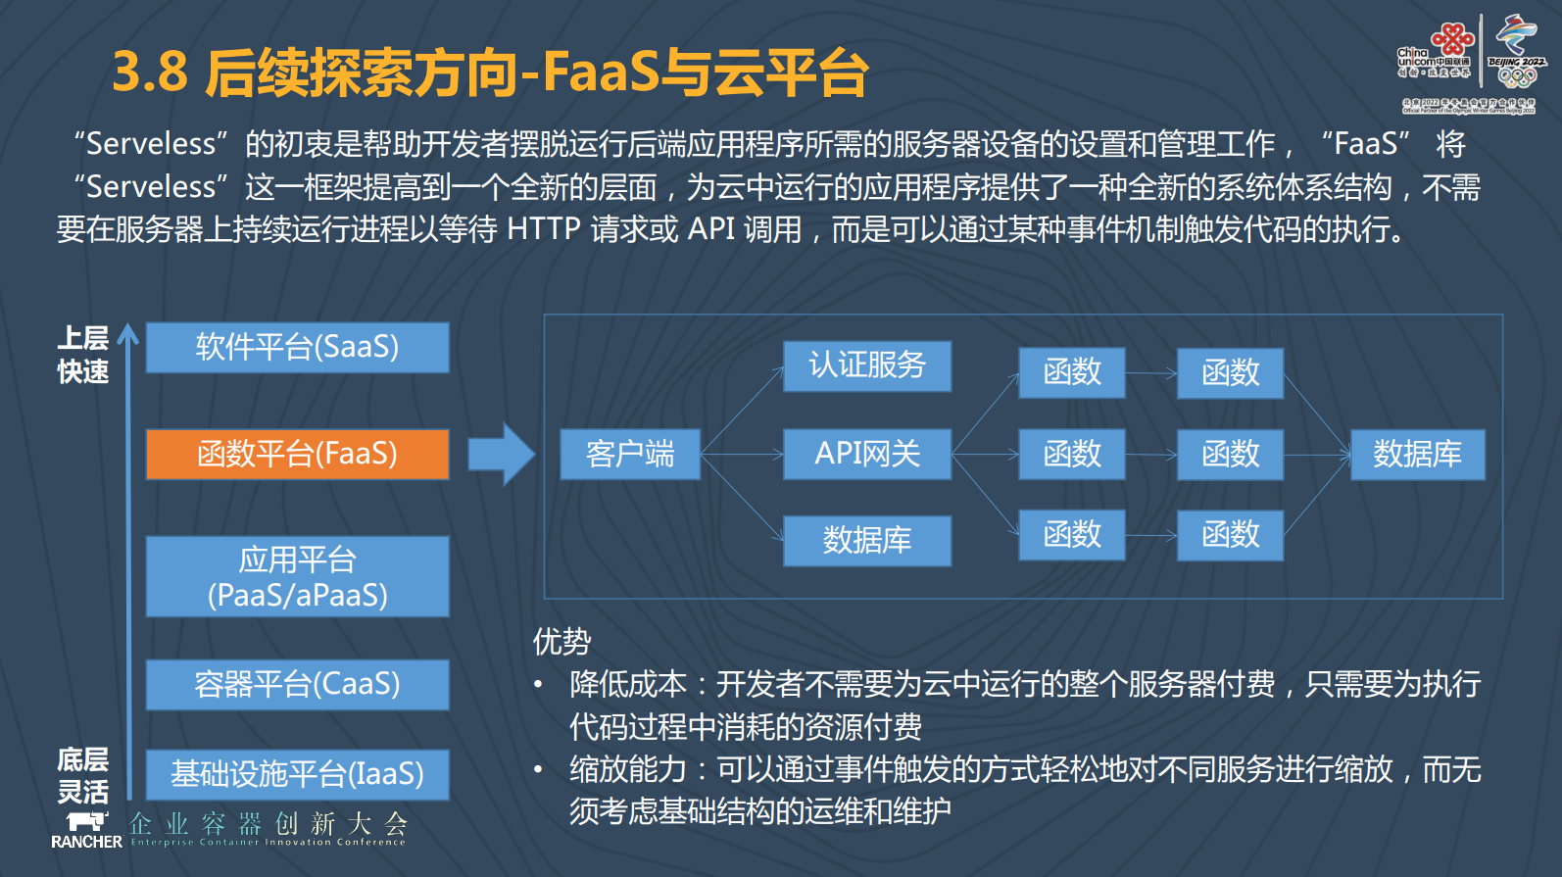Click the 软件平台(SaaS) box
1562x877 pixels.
point(297,347)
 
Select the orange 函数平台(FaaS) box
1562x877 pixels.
point(297,454)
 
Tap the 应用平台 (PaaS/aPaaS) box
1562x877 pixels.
point(297,576)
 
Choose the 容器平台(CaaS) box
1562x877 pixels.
point(297,684)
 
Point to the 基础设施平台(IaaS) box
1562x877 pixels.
point(297,774)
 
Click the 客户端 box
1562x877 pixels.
point(630,454)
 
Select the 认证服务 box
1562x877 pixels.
point(867,365)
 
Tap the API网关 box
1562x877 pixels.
point(867,454)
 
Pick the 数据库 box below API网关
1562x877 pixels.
point(867,540)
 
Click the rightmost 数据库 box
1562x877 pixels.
point(1417,454)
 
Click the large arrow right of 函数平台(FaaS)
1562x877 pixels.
point(501,454)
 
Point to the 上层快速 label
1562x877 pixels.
point(83,355)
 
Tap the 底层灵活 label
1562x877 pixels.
point(83,775)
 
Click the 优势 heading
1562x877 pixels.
point(561,642)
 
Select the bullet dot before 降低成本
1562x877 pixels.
point(538,684)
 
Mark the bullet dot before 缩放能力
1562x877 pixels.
point(538,769)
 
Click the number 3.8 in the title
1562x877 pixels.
point(150,73)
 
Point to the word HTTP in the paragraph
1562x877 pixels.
point(544,229)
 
